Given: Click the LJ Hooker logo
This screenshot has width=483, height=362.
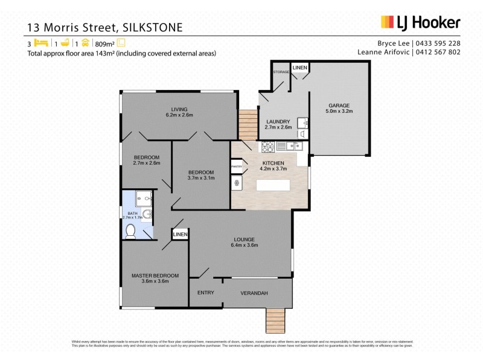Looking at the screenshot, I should click(x=420, y=22).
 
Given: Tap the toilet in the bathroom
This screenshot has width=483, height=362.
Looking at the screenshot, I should click(x=130, y=230).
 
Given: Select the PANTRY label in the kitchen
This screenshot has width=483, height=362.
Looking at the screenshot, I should click(x=236, y=167).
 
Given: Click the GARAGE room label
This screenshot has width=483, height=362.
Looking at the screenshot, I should click(x=339, y=105).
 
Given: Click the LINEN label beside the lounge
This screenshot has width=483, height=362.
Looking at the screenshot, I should click(x=180, y=234).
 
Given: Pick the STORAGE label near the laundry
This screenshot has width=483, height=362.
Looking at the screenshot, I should click(x=281, y=72).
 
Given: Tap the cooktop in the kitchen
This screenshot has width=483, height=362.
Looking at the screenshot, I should click(x=267, y=146).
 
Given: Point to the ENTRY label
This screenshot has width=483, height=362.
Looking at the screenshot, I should click(x=206, y=293).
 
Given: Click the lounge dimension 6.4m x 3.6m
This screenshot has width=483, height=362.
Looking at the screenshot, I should click(x=245, y=246).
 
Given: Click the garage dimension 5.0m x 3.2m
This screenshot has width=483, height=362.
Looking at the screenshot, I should click(x=339, y=112).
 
